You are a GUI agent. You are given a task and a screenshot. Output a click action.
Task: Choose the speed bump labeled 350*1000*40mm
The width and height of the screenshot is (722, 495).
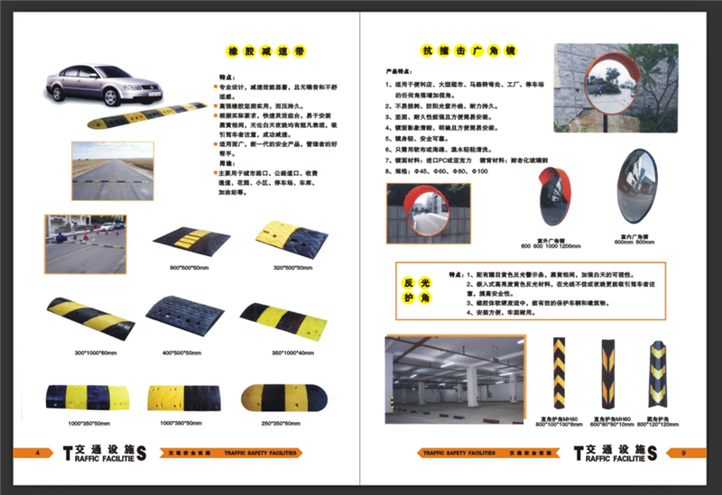click(281, 317)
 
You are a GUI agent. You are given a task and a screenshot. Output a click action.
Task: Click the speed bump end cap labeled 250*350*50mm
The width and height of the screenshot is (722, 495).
click(280, 398)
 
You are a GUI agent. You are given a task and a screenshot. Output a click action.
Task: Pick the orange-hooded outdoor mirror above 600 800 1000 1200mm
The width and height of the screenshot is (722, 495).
click(554, 200)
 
